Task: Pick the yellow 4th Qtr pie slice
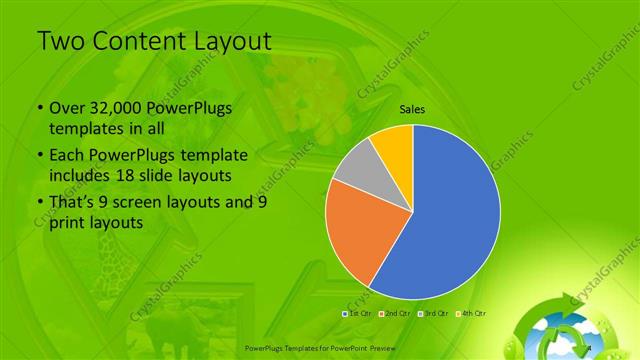[395, 145]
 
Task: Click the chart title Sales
[412, 108]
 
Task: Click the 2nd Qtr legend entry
[396, 314]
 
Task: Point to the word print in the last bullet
[67, 223]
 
